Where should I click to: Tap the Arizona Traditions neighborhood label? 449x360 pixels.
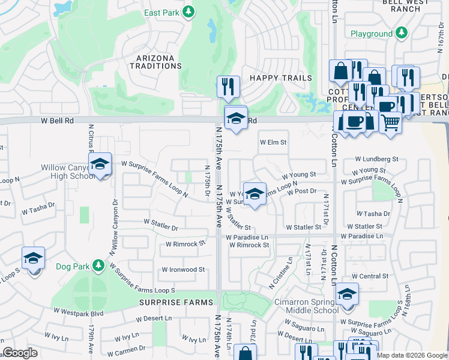155,62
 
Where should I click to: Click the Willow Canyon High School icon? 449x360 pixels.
100,164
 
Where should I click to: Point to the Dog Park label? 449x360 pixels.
73,266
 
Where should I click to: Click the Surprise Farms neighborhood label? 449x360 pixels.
176,302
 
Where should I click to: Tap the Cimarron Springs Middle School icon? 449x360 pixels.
347,295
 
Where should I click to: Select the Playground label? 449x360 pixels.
371,34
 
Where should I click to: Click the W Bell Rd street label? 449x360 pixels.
58,121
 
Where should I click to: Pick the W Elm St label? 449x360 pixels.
273,143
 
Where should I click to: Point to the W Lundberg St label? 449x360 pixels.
377,159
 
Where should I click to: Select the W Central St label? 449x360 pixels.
371,276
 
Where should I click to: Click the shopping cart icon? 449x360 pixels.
391,122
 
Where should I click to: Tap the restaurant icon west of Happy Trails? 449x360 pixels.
228,86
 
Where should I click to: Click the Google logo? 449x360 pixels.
20,353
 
